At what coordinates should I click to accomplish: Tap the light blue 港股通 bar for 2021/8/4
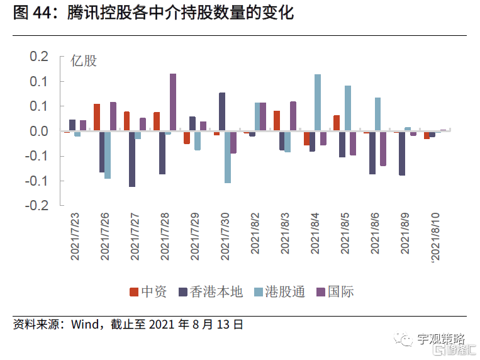pos(318,103)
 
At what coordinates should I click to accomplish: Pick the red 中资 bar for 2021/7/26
pos(97,118)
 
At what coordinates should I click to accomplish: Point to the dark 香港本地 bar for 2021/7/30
pos(222,112)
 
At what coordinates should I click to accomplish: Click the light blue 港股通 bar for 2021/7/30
pos(228,157)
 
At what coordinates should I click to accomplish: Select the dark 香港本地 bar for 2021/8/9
pos(402,153)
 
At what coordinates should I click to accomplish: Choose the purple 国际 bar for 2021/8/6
pos(383,149)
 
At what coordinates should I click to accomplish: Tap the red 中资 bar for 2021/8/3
pos(277,121)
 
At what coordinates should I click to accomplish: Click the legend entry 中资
pos(148,291)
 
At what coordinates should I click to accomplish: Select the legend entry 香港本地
pos(210,291)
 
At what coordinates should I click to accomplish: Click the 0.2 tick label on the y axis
pos(39,57)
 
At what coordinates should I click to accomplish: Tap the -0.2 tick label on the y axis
pos(37,205)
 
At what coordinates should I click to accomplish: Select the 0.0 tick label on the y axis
pos(39,131)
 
